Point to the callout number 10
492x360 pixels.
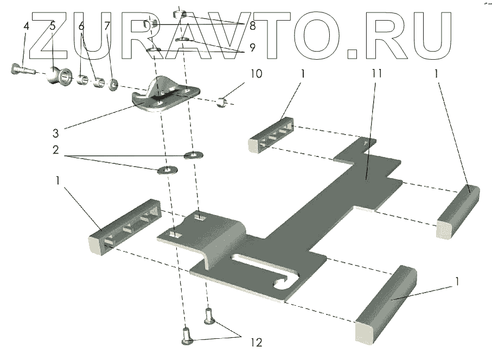pyautogui.click(x=256, y=73)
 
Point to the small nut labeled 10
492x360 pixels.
pyautogui.click(x=221, y=101)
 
